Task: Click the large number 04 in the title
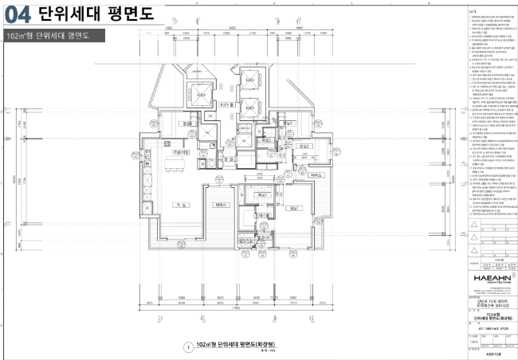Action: tap(18, 14)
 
